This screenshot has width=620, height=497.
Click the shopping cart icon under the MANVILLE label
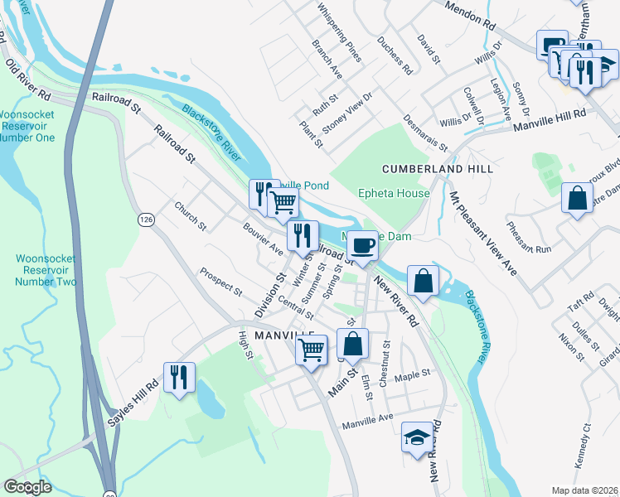(x=312, y=350)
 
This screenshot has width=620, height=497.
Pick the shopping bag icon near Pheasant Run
(x=577, y=198)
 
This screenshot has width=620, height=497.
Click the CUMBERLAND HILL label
(x=438, y=169)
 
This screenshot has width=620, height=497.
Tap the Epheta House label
(x=394, y=194)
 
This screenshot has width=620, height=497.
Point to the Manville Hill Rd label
(x=549, y=120)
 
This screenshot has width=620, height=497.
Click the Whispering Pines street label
(x=340, y=32)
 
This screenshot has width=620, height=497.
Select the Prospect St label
(x=220, y=282)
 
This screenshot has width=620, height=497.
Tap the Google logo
(x=27, y=487)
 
